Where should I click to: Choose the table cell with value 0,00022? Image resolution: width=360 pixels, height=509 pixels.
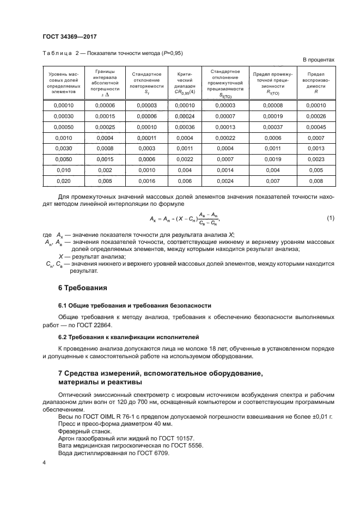point(225,138)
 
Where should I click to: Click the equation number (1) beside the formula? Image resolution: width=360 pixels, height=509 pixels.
point(330,218)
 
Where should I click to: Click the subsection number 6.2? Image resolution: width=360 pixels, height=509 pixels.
point(63,337)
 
